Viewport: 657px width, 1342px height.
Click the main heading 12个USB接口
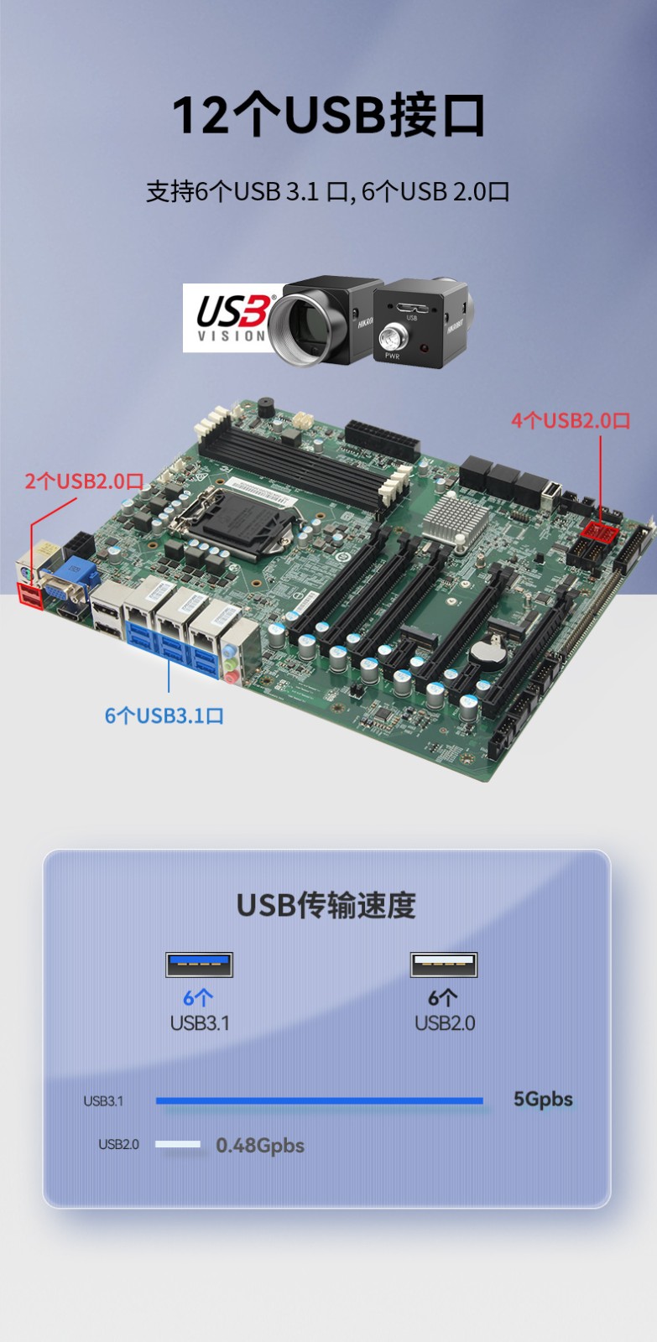coord(329,115)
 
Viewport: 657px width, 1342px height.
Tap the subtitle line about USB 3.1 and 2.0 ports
coord(328,191)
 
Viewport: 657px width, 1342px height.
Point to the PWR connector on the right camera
coord(392,338)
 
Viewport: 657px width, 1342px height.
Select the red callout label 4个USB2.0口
coord(571,420)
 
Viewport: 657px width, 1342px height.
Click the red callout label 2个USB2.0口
coord(84,481)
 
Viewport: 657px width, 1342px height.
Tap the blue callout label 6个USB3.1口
coord(164,715)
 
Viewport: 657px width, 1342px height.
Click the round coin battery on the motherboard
coord(486,651)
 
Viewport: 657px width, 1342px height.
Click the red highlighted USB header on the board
coord(599,531)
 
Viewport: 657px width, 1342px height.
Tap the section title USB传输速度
coord(326,906)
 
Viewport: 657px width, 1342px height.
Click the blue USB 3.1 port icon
coord(199,965)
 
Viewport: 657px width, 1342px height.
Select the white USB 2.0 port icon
coord(444,965)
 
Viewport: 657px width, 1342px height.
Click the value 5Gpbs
coord(543,1099)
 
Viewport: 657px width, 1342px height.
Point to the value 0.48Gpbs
coord(260,1145)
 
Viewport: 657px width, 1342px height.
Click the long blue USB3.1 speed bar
coord(319,1100)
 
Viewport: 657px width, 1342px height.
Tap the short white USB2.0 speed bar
coord(178,1144)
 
